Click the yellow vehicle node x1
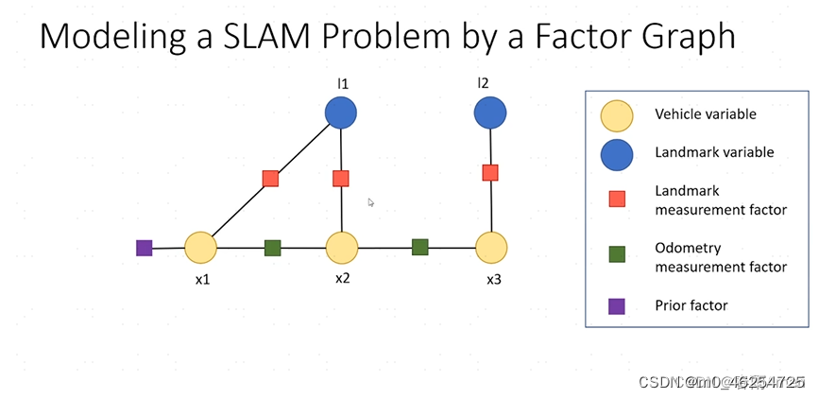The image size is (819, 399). (x=200, y=248)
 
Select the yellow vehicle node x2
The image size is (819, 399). (x=342, y=248)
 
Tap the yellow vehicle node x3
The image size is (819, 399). (x=491, y=248)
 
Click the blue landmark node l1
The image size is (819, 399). (x=341, y=113)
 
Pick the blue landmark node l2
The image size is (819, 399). (x=489, y=113)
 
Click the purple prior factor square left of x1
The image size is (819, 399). (x=144, y=248)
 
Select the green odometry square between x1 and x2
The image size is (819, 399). (x=272, y=248)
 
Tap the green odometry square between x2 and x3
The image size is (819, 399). (x=419, y=247)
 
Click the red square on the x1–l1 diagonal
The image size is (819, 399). (x=270, y=178)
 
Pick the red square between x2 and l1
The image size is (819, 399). (x=341, y=178)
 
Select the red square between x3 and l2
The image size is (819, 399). (x=490, y=172)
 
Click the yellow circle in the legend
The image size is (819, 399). (x=617, y=115)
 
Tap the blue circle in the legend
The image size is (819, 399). (x=617, y=153)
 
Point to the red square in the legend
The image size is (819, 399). (x=617, y=199)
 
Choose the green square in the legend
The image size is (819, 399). (x=617, y=254)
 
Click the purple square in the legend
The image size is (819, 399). (x=617, y=305)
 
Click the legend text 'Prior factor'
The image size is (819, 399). (x=691, y=305)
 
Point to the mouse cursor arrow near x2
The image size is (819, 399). (x=371, y=201)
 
